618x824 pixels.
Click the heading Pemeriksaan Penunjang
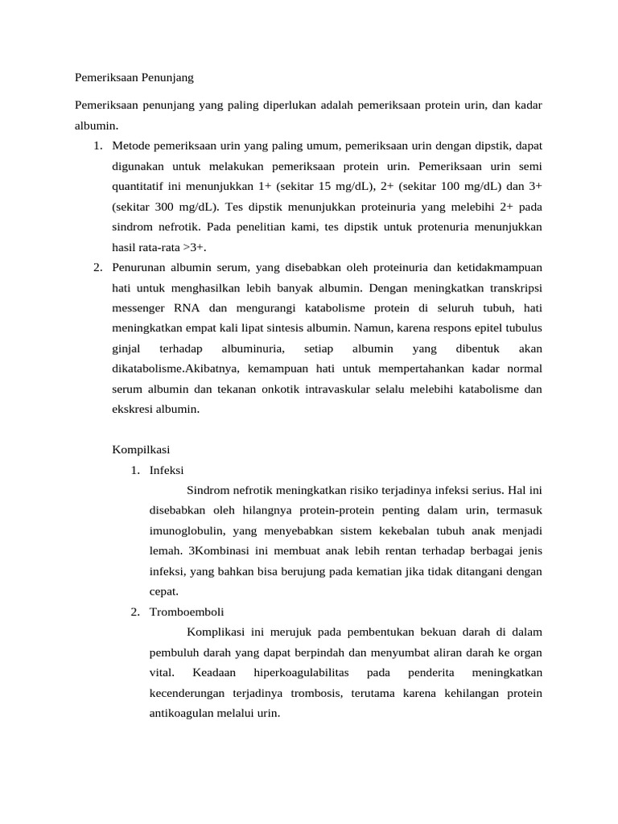coord(134,79)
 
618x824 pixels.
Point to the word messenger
coord(138,307)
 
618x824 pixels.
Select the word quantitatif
coord(142,187)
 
